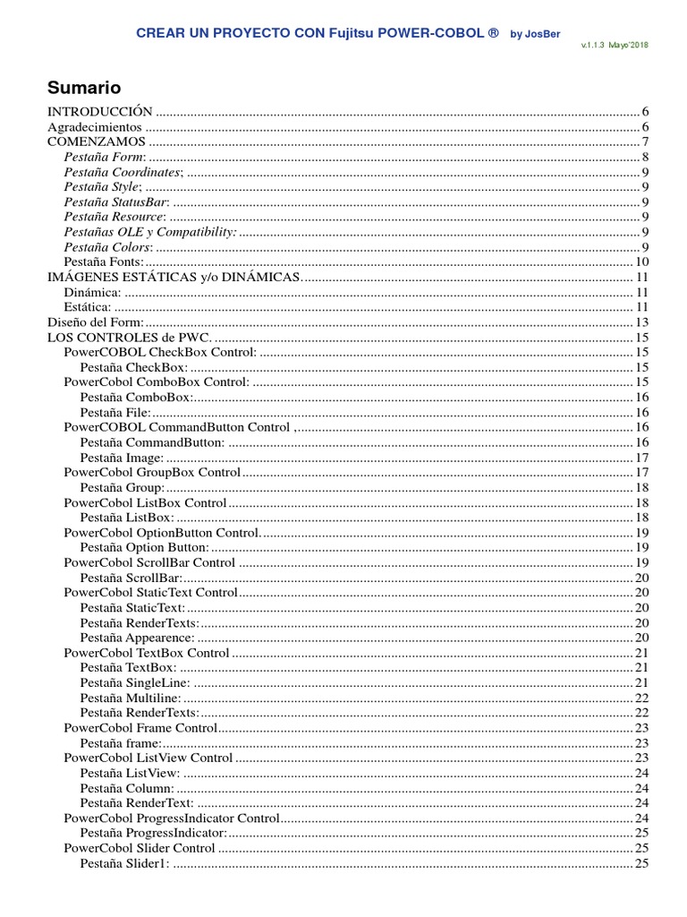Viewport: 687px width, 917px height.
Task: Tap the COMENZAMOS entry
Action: (96, 142)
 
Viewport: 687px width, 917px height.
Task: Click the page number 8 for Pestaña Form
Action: (645, 158)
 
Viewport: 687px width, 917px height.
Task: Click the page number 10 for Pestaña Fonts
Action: (641, 262)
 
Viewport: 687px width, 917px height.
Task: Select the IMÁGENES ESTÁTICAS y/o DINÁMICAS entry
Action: (174, 278)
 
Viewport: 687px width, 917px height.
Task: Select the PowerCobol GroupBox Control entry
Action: (152, 473)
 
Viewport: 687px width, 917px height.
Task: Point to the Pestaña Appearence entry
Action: (137, 638)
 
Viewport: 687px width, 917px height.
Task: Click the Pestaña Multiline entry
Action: (130, 698)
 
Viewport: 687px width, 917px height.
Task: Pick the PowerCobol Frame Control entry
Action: (140, 728)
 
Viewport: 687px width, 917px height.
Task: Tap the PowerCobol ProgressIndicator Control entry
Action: (172, 818)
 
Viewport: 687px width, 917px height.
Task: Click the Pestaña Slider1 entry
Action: (124, 863)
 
